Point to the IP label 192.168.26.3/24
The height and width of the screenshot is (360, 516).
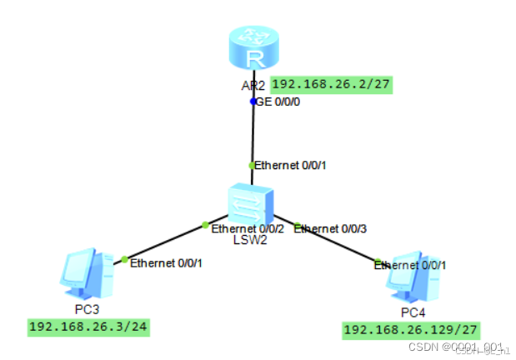(x=88, y=327)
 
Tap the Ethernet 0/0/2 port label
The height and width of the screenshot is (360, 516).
(x=248, y=228)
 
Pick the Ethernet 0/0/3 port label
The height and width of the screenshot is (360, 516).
(x=330, y=228)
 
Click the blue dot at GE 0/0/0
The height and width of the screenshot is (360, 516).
(x=254, y=101)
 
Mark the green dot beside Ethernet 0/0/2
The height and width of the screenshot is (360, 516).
(x=205, y=224)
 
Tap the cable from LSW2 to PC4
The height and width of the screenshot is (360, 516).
(x=338, y=244)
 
